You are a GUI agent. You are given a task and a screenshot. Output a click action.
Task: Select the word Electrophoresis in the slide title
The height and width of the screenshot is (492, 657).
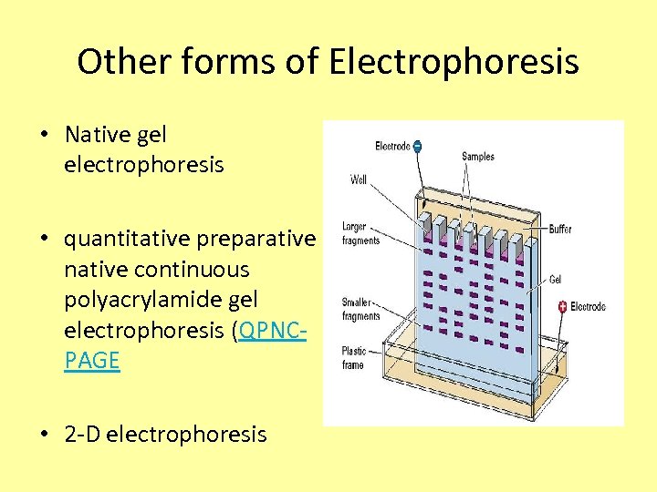pyautogui.click(x=454, y=62)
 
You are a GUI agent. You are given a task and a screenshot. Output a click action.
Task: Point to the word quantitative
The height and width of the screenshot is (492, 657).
pyautogui.click(x=128, y=239)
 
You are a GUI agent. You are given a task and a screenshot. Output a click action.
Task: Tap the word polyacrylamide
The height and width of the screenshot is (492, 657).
pyautogui.click(x=161, y=300)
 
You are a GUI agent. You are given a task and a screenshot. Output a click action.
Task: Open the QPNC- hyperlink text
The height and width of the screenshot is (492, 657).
pyautogui.click(x=271, y=330)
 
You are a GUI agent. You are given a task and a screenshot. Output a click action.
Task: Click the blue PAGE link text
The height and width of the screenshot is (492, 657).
pyautogui.click(x=92, y=361)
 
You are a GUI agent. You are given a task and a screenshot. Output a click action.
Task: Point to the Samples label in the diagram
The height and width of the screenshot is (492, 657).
pyautogui.click(x=478, y=157)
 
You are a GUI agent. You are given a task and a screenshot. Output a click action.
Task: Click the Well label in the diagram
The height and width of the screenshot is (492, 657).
pyautogui.click(x=359, y=179)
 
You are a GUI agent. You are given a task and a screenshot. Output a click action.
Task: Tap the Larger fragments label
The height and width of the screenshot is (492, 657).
pyautogui.click(x=360, y=233)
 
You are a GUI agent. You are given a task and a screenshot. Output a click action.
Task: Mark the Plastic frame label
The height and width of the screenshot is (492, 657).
pyautogui.click(x=353, y=358)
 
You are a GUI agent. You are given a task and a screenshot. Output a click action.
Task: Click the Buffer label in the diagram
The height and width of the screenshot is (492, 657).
pyautogui.click(x=560, y=229)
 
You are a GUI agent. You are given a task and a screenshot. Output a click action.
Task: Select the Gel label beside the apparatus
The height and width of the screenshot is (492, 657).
pyautogui.click(x=556, y=280)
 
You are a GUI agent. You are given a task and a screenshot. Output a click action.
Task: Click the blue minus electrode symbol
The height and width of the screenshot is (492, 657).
pyautogui.click(x=416, y=146)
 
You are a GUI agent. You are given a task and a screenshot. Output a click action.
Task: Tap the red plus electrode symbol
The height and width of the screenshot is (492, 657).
pyautogui.click(x=562, y=306)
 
